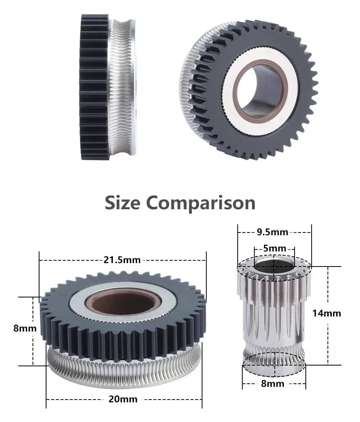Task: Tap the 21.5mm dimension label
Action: click(x=122, y=260)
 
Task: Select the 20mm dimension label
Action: click(x=123, y=399)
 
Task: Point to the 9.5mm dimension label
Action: click(x=272, y=232)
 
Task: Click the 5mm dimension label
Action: click(x=274, y=248)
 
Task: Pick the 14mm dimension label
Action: click(x=327, y=313)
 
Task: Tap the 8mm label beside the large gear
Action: click(x=24, y=328)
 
